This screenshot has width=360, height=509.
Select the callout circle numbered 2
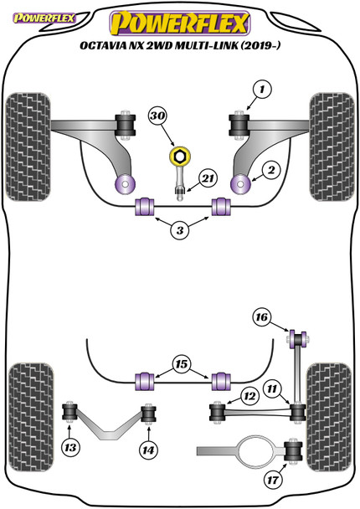click(270, 169)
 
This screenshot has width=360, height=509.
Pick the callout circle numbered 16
click(260, 316)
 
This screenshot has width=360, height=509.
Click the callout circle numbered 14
click(148, 448)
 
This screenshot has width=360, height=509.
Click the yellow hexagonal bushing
click(178, 157)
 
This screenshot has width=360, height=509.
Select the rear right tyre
click(332, 396)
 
